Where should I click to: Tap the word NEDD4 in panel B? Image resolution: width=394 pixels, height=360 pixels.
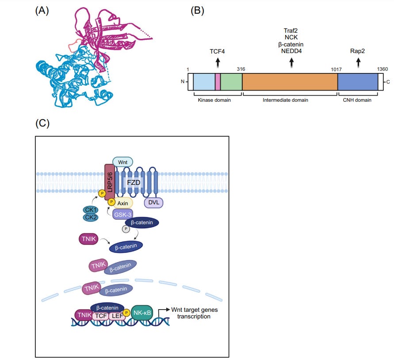tap(291, 52)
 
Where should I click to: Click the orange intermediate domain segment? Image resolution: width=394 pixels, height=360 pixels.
tap(290, 82)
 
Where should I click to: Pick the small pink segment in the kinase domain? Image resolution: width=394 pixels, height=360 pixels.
tap(218, 82)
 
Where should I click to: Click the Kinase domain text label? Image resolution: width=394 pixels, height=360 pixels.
tap(214, 100)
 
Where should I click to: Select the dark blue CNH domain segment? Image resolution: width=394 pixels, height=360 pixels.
tap(357, 82)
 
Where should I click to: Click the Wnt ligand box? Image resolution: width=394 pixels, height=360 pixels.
tap(123, 162)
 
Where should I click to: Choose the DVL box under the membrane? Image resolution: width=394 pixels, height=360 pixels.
tap(154, 202)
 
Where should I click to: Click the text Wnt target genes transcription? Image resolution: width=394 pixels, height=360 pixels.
tap(194, 313)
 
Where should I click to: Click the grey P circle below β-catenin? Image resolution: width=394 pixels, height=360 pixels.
tap(126, 230)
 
